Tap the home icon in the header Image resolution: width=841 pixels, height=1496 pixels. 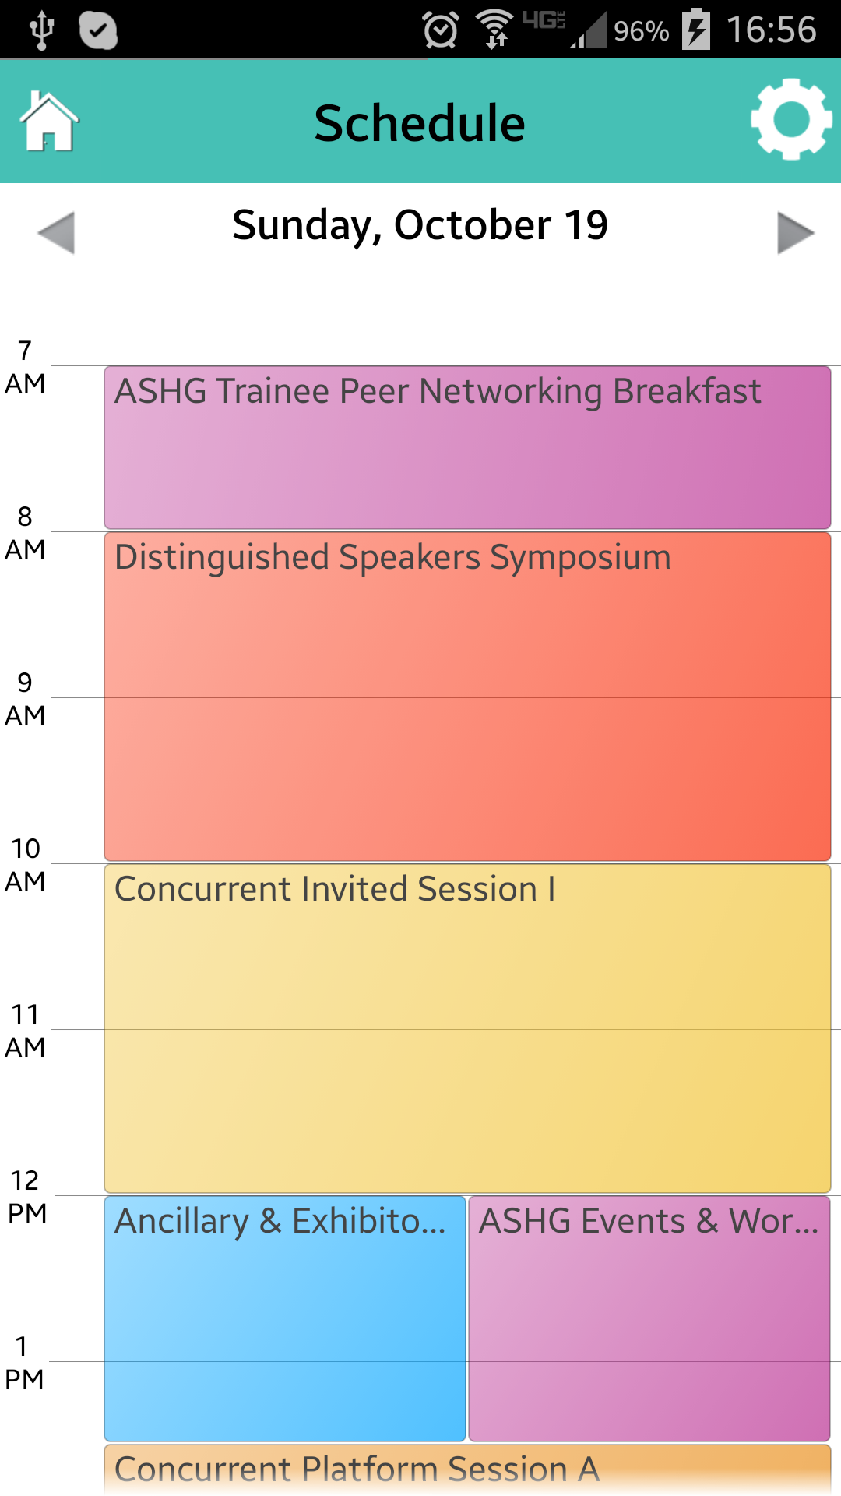(x=49, y=122)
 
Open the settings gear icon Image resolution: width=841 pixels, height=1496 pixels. (x=791, y=119)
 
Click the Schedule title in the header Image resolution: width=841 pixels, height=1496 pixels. (x=420, y=123)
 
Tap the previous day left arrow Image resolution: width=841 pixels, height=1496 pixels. (x=56, y=232)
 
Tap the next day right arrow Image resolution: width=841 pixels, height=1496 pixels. (x=796, y=232)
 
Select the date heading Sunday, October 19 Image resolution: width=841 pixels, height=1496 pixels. (x=420, y=226)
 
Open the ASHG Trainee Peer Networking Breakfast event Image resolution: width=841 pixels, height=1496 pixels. (x=467, y=447)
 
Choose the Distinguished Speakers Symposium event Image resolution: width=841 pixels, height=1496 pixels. (x=467, y=697)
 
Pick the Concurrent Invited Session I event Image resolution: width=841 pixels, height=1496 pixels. (x=467, y=1028)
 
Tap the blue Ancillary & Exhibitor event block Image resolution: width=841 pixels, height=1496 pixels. (x=285, y=1318)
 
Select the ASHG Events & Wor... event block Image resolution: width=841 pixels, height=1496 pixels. (x=649, y=1318)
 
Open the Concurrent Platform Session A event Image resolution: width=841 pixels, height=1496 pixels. (x=467, y=1470)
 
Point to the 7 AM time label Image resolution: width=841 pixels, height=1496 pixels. (x=25, y=367)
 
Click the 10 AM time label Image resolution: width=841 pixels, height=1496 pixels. (x=25, y=865)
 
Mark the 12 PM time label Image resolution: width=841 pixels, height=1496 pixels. (x=26, y=1197)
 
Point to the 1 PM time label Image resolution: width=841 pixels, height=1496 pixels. (x=24, y=1363)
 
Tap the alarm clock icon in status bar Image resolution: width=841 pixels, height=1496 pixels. (x=441, y=30)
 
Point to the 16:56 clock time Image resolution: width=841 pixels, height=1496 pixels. (x=771, y=30)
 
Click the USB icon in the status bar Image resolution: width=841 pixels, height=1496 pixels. (x=41, y=30)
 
